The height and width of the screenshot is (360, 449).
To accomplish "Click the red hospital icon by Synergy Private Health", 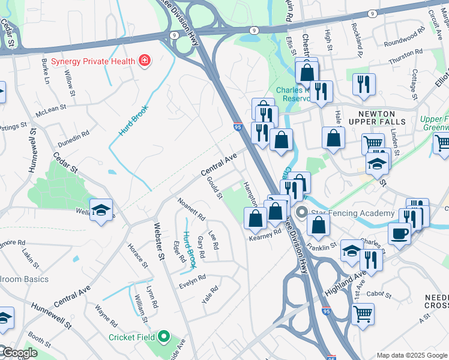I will pos(145,60).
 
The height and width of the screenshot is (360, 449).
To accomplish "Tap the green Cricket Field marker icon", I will pos(164,337).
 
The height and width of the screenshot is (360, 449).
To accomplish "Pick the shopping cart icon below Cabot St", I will pos(363,313).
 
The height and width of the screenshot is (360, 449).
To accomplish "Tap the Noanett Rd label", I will pos(192,209).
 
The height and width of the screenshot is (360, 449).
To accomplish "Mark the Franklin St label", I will pos(321,247).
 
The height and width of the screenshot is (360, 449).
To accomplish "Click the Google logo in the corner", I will pos(19,353).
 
